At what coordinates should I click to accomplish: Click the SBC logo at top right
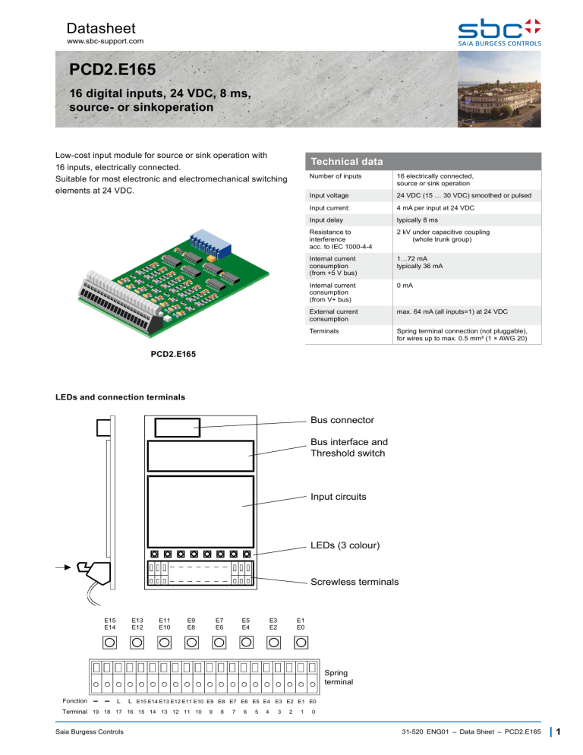pyautogui.click(x=499, y=33)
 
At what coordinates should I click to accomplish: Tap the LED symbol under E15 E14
pyautogui.click(x=110, y=643)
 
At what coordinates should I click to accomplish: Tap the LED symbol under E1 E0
pyautogui.click(x=301, y=643)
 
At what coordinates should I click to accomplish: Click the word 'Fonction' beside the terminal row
pyautogui.click(x=74, y=701)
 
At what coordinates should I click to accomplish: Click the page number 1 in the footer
pyautogui.click(x=558, y=734)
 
